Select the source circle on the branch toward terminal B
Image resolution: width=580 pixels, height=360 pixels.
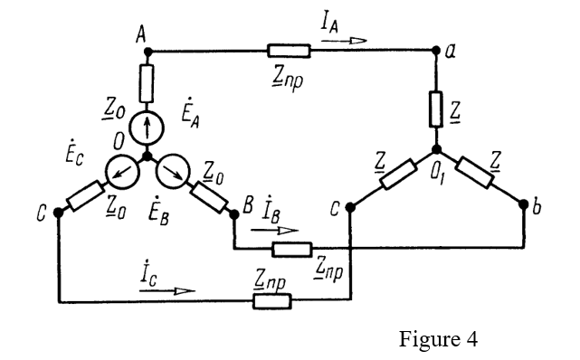[174, 169]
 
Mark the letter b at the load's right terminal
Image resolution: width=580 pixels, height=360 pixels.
[537, 210]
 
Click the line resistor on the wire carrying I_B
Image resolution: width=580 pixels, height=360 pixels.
[291, 248]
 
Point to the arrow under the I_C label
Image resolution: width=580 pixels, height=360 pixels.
[182, 290]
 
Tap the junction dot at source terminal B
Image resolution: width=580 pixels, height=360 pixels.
[233, 213]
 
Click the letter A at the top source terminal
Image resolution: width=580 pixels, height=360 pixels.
[141, 34]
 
